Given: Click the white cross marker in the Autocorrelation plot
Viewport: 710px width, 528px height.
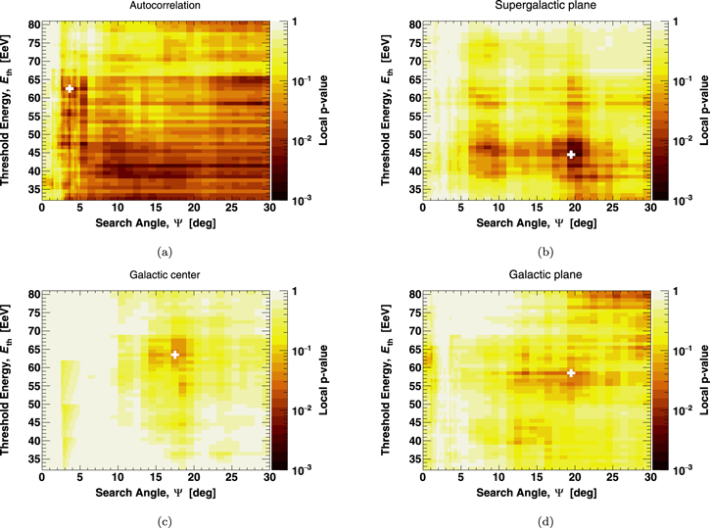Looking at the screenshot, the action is (x=70, y=89).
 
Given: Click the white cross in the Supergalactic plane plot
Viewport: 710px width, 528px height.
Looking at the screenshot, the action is (x=571, y=155).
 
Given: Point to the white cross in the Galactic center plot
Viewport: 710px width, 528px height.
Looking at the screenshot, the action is (x=174, y=355).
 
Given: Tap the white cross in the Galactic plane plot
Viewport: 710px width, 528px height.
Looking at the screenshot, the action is (x=571, y=373).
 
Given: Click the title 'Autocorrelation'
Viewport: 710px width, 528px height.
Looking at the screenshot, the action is (x=165, y=6).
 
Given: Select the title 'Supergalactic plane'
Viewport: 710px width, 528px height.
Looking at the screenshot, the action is (x=545, y=6).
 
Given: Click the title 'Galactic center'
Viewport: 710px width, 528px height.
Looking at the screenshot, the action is (x=165, y=275).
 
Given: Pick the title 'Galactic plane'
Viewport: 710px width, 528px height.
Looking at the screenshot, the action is (x=545, y=275).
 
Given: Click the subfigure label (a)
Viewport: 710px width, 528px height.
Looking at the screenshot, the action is (x=165, y=252).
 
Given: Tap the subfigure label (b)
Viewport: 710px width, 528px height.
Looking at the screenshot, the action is (x=545, y=252).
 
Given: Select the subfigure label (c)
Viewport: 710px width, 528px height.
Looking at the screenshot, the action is (x=165, y=522).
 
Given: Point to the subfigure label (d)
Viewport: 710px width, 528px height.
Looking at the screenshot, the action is (x=545, y=522).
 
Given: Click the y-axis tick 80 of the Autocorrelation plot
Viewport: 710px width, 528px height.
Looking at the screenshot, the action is (x=34, y=24).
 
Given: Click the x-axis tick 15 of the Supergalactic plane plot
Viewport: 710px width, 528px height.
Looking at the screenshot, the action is (x=537, y=208).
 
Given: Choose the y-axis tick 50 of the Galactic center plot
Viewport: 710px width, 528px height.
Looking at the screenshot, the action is (x=34, y=404).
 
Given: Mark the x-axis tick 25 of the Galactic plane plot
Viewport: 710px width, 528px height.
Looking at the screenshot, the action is (x=613, y=477).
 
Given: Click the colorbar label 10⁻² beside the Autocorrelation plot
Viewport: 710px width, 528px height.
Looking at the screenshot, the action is (x=302, y=140).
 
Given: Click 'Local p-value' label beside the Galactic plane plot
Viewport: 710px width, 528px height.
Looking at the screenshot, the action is (x=704, y=380).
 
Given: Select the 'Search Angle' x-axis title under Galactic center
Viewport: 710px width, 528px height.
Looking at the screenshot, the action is (x=156, y=493).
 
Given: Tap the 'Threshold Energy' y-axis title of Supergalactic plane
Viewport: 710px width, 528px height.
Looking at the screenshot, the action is (x=386, y=110).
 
